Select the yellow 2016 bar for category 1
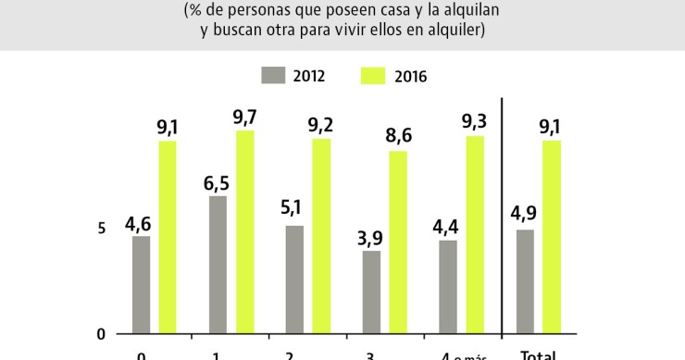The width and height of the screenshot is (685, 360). tap(244, 231)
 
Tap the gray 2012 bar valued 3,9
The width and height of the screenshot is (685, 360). tap(371, 292)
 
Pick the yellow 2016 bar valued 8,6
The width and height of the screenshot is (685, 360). tap(398, 242)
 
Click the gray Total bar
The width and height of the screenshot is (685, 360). tap(525, 281)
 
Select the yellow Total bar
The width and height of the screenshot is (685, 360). tap(552, 236)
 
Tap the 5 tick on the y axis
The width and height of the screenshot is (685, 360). tap(102, 229)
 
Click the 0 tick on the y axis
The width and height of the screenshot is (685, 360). tap(102, 334)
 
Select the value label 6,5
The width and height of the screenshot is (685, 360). tap(218, 181)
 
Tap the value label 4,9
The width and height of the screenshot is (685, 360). tap(524, 214)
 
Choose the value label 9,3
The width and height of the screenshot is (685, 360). tap(474, 121)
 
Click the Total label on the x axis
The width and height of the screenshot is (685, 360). tap(538, 354)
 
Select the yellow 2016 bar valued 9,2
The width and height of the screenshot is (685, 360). tap(321, 236)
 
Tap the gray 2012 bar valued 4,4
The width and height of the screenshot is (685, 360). tap(448, 287)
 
